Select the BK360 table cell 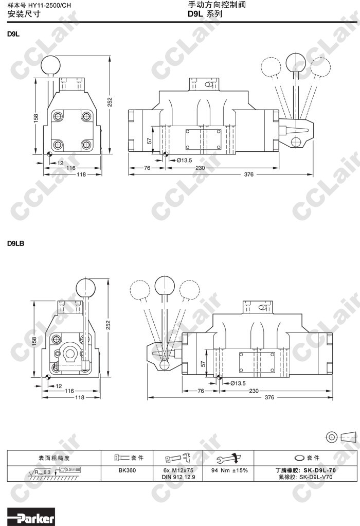(127, 470)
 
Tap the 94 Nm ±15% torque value (229, 470)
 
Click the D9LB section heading (16, 243)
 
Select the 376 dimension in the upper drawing (249, 174)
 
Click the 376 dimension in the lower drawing (269, 397)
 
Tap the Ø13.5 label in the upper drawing (184, 161)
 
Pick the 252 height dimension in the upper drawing (110, 102)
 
